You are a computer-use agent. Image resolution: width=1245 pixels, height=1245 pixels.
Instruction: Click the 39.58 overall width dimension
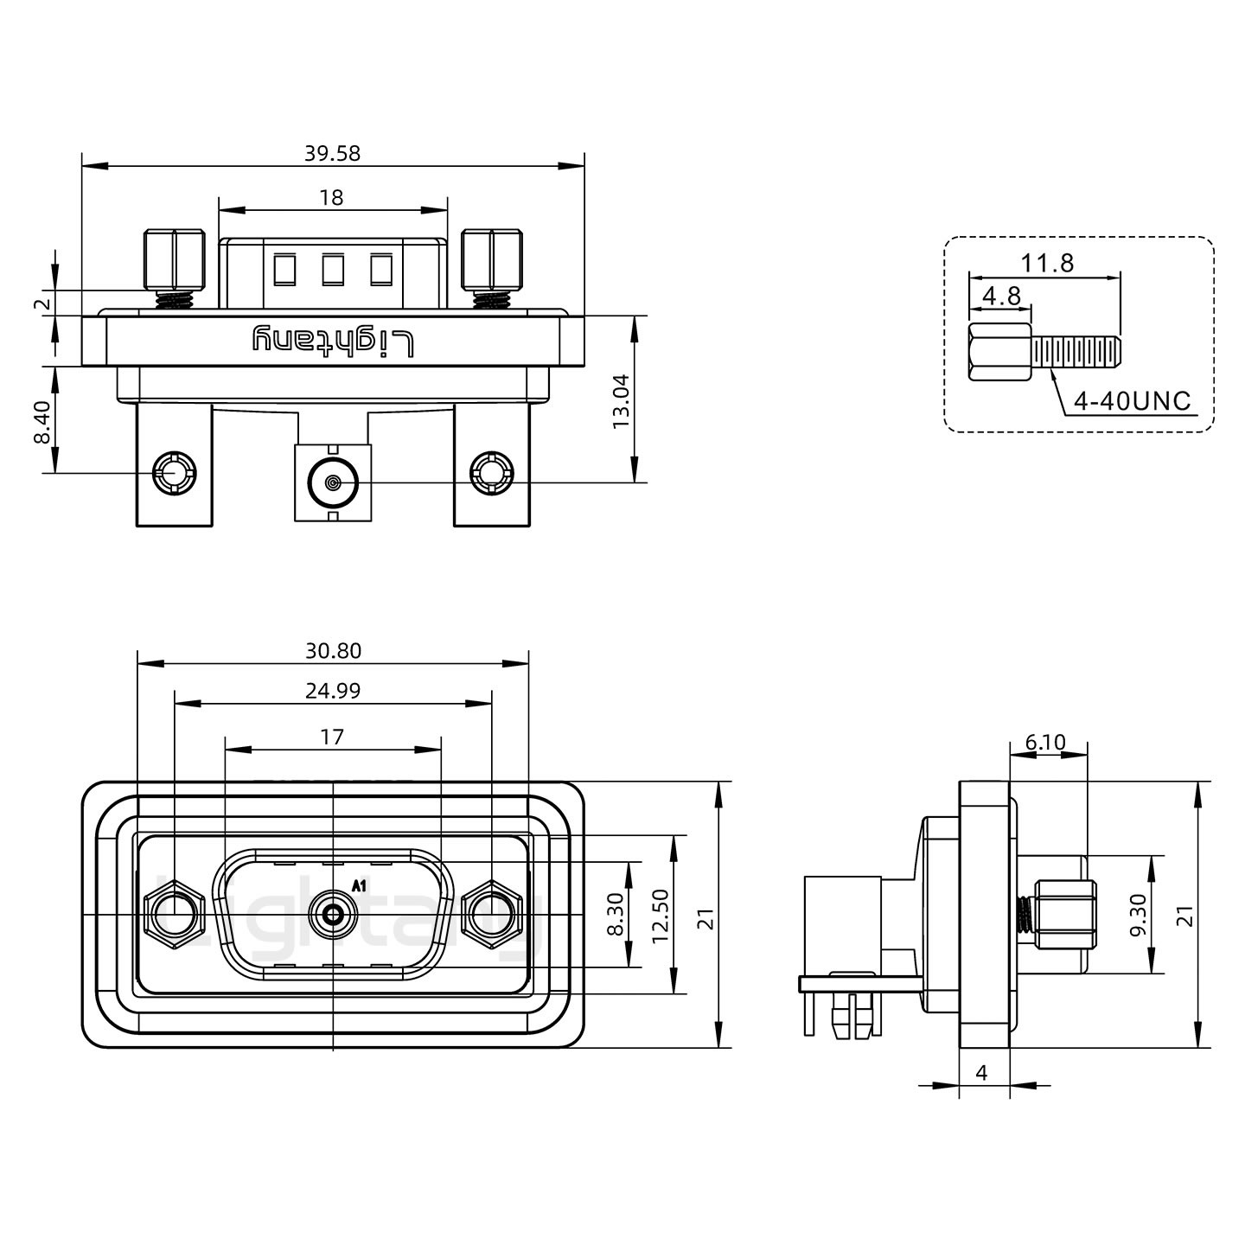pos(332,154)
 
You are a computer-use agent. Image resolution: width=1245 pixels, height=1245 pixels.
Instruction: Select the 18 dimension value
pos(332,198)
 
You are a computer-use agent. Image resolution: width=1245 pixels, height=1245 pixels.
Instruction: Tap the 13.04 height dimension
pos(621,401)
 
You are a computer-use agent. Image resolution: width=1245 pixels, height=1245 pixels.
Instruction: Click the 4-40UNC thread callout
pos(1132,401)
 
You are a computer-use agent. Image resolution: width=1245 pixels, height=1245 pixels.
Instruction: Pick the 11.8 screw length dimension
pos(1048,263)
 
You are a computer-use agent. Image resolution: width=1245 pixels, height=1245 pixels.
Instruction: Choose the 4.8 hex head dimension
pos(1002,297)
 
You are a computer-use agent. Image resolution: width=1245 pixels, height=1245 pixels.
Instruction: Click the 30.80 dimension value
pos(333,650)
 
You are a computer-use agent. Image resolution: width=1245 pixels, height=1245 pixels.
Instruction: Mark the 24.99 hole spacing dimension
pos(333,690)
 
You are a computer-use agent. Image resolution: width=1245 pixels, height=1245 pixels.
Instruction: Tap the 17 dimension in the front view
pos(332,737)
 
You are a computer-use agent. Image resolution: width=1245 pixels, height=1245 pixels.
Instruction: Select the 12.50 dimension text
pos(661,916)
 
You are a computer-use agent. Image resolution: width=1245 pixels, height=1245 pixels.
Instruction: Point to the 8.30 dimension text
pos(615,916)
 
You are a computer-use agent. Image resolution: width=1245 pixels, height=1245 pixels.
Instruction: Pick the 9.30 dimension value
pos(1139,915)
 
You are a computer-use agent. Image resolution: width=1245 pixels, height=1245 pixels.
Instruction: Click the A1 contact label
pos(360,885)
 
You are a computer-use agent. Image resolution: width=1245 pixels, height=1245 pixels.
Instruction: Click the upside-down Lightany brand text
pos(333,342)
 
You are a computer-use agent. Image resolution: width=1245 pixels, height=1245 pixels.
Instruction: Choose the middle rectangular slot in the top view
pos(333,270)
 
